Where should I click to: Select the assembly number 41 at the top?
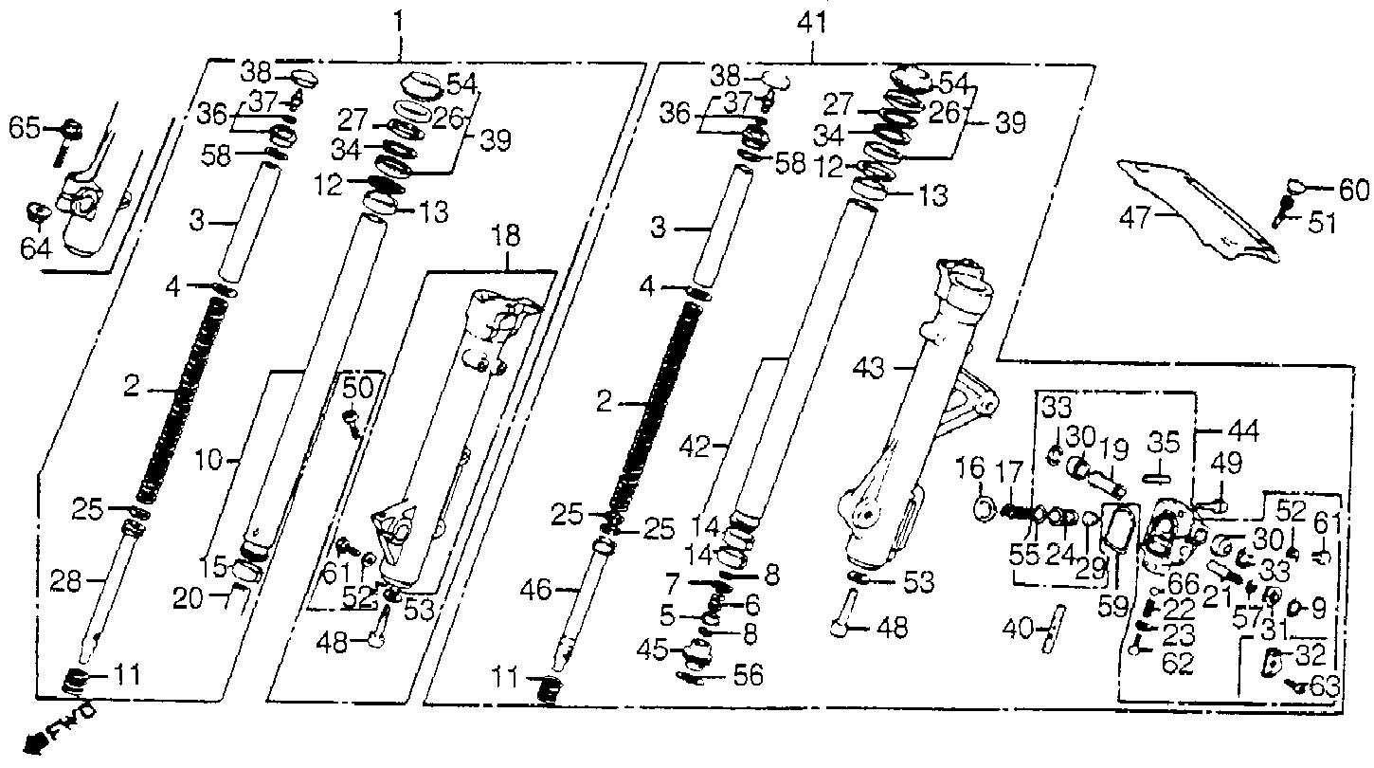point(812,24)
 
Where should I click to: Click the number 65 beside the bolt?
point(26,128)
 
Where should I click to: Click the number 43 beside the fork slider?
point(870,368)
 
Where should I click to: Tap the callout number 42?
point(696,447)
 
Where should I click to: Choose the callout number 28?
point(65,580)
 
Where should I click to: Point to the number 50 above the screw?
point(357,390)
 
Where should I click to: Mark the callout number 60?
point(1353,191)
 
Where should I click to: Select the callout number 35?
point(1165,442)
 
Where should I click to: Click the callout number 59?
point(1112,606)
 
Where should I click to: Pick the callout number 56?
point(748,676)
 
